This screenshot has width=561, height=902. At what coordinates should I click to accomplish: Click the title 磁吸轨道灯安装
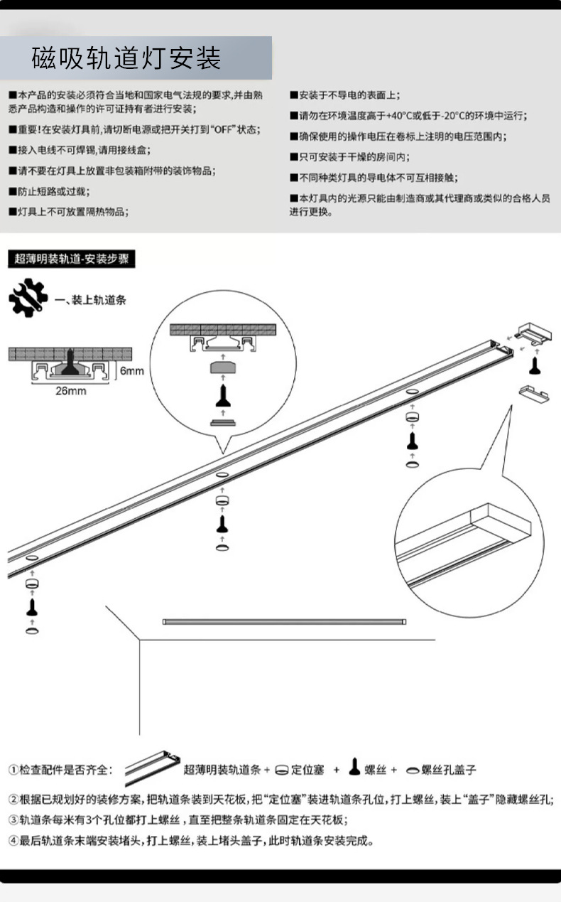click(126, 59)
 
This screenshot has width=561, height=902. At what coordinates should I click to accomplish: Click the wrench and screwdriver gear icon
click(28, 299)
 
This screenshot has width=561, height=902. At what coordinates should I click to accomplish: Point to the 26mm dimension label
click(70, 391)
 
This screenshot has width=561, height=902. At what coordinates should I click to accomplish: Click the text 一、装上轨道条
click(90, 300)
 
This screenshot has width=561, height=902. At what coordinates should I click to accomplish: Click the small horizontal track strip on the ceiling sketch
click(284, 621)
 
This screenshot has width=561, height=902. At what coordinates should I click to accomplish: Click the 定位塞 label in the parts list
click(309, 770)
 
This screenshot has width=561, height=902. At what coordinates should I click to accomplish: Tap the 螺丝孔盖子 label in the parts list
click(448, 770)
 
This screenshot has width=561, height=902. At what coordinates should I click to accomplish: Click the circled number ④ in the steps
click(13, 841)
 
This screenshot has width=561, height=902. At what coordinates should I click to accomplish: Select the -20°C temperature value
click(454, 115)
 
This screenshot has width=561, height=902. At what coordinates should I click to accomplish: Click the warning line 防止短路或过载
click(53, 191)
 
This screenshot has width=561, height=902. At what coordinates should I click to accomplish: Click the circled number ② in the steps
click(13, 798)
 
